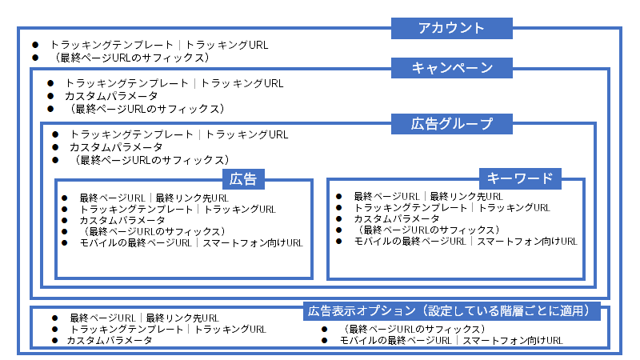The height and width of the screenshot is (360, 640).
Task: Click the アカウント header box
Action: click(x=451, y=29)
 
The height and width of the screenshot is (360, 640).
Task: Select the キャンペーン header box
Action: click(x=451, y=68)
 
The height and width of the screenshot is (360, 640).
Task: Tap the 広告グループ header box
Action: click(x=451, y=123)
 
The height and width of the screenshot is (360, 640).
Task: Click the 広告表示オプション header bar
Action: click(x=451, y=310)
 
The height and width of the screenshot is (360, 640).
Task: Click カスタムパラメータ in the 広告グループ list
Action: click(x=115, y=147)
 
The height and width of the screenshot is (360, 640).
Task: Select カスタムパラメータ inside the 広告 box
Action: click(x=122, y=220)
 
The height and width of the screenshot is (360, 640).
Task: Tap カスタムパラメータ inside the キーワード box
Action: click(x=396, y=218)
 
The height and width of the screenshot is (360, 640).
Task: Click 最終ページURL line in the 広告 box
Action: click(x=154, y=198)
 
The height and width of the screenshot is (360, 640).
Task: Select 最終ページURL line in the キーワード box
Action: click(x=428, y=196)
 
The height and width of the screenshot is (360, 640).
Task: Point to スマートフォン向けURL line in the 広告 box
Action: click(x=191, y=242)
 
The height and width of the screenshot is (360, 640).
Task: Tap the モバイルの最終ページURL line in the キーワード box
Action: click(x=465, y=241)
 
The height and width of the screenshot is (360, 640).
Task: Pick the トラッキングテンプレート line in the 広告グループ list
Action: click(x=178, y=135)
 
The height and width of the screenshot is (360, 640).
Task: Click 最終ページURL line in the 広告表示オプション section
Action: click(x=144, y=318)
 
